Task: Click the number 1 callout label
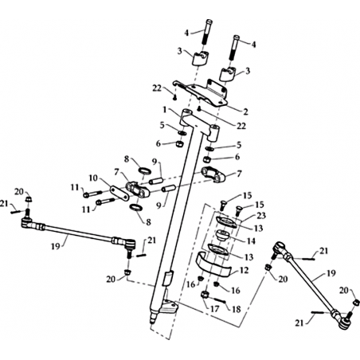tap(165, 110)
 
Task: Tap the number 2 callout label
tap(246, 112)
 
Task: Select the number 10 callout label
tap(93, 178)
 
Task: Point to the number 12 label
tap(244, 271)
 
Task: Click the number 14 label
tap(251, 241)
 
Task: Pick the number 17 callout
tap(215, 309)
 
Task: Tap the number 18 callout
tap(237, 309)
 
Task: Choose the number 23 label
tap(261, 216)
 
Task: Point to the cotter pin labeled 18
tap(220, 299)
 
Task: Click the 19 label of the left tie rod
tap(56, 246)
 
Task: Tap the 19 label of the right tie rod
tap(331, 272)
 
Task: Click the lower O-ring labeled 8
tap(135, 208)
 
